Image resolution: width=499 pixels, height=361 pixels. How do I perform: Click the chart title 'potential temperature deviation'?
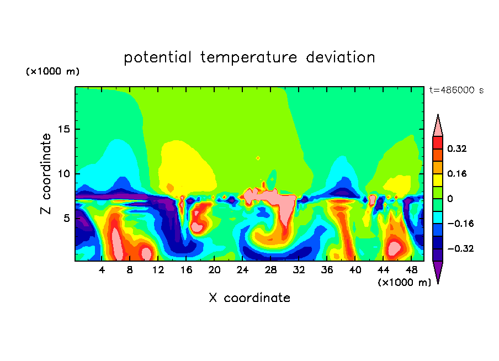250,57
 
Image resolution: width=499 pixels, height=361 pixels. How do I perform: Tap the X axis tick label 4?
102,270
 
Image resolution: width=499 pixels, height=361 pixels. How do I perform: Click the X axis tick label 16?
186,270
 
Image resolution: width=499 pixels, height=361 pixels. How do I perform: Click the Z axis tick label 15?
62,129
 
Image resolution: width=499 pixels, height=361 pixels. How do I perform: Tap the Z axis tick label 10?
62,173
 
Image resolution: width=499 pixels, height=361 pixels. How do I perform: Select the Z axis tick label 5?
65,218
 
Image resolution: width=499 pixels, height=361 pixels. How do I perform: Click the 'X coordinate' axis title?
250,298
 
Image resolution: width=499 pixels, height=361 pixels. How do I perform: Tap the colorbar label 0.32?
458,148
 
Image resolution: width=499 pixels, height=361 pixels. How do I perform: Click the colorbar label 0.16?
458,173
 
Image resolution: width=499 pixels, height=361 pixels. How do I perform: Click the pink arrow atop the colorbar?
438,125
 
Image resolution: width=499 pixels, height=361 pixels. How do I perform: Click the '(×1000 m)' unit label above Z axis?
52,72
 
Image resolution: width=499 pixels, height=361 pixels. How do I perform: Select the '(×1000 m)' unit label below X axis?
404,283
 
